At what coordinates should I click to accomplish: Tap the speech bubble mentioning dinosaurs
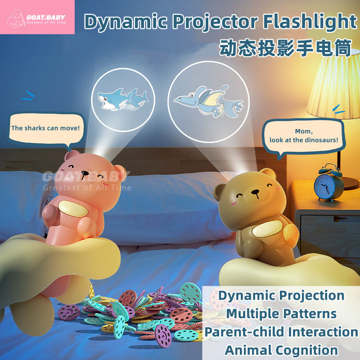[x=304, y=136]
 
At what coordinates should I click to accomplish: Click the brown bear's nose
[x=255, y=192]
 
